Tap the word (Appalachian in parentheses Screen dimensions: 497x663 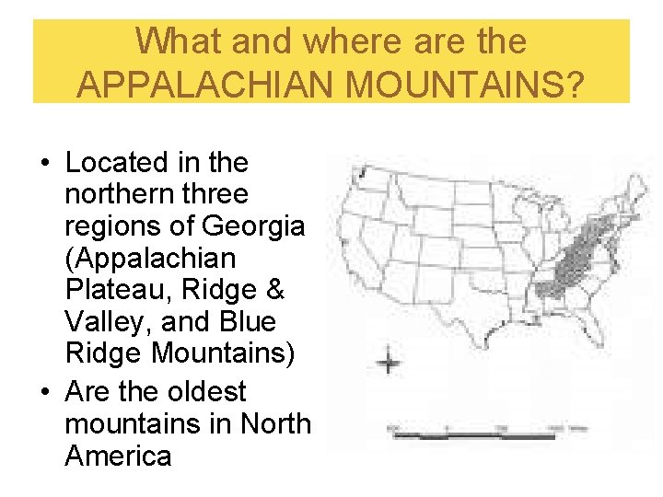pos(150,259)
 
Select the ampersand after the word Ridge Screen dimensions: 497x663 pos(274,291)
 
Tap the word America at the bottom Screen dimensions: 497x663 pos(119,456)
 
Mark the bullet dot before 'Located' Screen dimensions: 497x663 pos(43,164)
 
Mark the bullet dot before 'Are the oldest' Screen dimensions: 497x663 pos(43,393)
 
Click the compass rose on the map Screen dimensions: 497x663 pos(390,361)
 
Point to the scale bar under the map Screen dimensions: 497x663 pos(479,433)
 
